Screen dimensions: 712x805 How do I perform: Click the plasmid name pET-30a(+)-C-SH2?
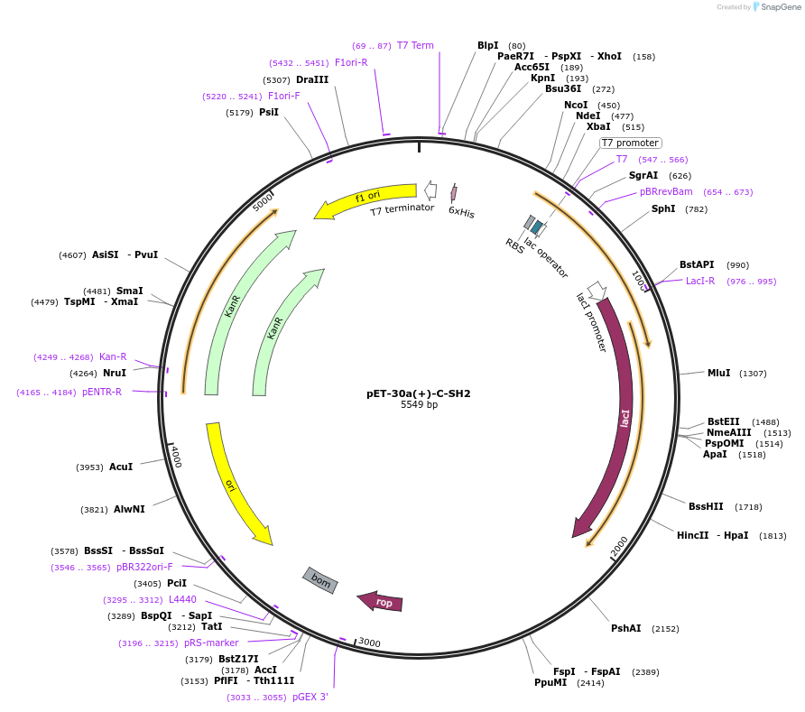(x=418, y=393)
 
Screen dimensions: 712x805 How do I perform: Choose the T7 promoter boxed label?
(x=630, y=143)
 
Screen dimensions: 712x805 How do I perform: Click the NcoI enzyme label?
(x=576, y=105)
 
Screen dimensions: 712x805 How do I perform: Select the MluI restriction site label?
(x=718, y=373)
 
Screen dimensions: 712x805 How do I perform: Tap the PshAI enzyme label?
(x=625, y=628)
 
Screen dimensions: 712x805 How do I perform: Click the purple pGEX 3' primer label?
(x=310, y=697)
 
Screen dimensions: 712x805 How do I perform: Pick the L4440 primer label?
(x=182, y=599)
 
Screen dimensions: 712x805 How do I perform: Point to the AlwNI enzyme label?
(x=129, y=509)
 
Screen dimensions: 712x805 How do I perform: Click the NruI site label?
(x=114, y=373)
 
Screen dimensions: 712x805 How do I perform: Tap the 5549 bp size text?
(x=419, y=405)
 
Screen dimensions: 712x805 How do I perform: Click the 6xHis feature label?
(x=461, y=213)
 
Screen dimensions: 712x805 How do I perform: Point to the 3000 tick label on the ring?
(x=369, y=642)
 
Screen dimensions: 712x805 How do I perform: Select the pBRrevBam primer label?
(x=666, y=191)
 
